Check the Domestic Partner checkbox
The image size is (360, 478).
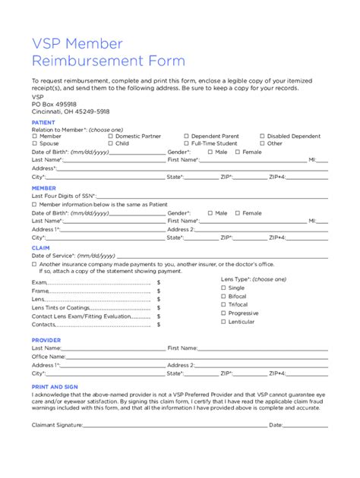click(111, 136)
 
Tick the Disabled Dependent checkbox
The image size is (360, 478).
click(263, 136)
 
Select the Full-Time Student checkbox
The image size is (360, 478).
click(187, 143)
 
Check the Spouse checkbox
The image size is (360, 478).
click(34, 143)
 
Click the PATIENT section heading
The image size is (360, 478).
click(43, 121)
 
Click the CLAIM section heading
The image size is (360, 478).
click(40, 247)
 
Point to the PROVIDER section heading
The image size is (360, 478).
click(46, 340)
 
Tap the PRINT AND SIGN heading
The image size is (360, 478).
click(55, 387)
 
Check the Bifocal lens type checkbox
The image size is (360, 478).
click(223, 296)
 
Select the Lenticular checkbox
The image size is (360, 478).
click(223, 321)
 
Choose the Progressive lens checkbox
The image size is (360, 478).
click(223, 313)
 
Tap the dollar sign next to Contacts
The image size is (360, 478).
click(159, 324)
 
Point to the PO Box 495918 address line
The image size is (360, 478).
click(54, 104)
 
